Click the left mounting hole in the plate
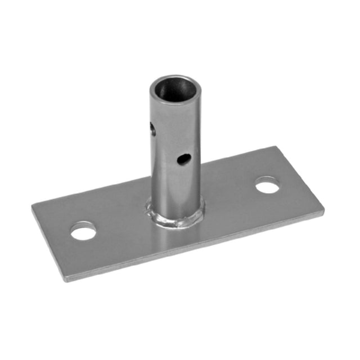[83, 230]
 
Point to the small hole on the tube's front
[183, 160]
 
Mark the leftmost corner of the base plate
[32, 206]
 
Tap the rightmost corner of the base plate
[324, 213]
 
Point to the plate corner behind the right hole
[276, 147]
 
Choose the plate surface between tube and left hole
[121, 222]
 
